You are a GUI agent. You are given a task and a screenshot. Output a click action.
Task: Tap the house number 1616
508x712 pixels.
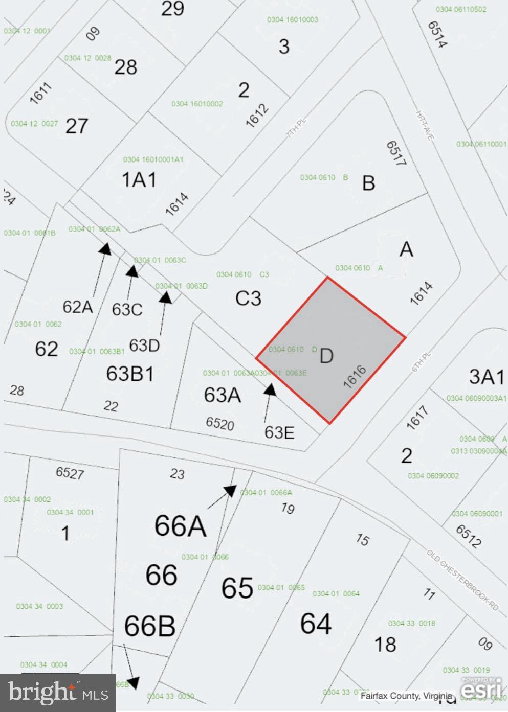click(355, 377)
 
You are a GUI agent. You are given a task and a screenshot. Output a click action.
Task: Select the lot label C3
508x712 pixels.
click(249, 298)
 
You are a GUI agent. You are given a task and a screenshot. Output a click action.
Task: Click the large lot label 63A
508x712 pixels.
click(223, 395)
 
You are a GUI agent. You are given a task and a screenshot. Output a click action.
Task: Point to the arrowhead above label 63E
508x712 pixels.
click(270, 390)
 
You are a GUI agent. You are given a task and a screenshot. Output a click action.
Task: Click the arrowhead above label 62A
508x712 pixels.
click(105, 248)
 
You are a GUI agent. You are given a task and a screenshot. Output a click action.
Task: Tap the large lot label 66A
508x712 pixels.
click(181, 526)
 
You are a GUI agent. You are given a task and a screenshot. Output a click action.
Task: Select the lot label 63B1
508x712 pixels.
click(130, 374)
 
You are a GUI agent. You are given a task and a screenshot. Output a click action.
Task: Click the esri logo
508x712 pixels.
click(481, 688)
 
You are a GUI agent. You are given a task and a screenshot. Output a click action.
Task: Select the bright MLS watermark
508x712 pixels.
click(58, 693)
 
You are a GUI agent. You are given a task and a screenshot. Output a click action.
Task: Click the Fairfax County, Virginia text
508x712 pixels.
click(406, 696)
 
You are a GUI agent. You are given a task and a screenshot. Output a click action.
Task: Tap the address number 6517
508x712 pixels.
click(395, 153)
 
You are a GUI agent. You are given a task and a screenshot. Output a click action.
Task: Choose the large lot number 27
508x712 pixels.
click(77, 126)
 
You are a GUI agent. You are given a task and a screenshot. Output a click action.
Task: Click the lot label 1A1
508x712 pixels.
click(139, 180)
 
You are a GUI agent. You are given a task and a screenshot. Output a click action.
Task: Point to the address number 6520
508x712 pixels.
click(220, 423)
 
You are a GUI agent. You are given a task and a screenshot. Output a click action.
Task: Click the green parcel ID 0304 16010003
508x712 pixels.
click(293, 20)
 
